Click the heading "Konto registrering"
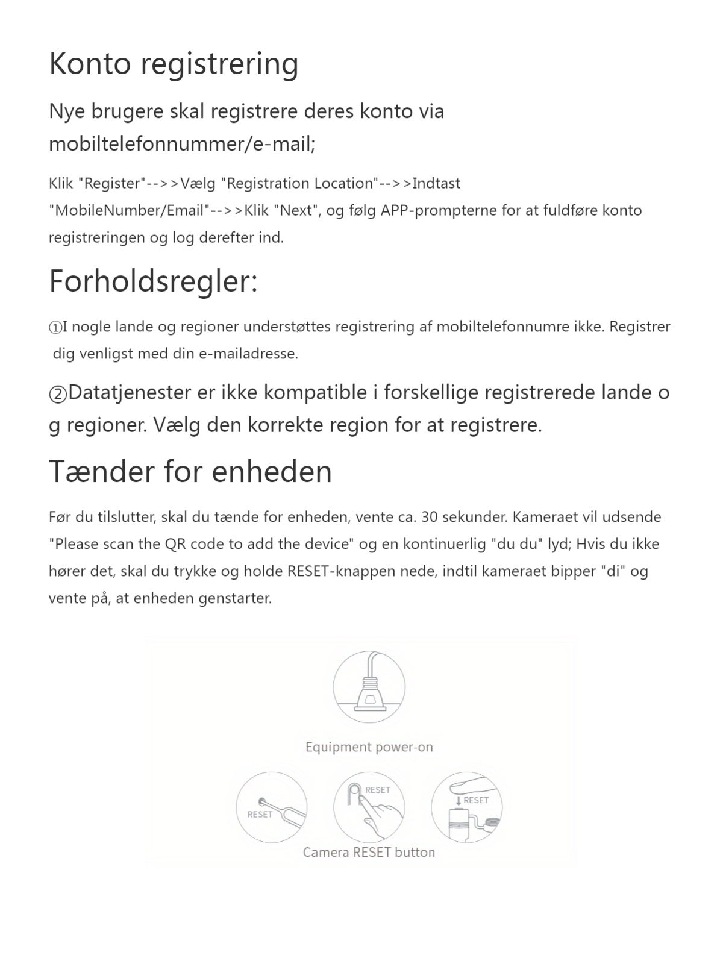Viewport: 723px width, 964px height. coord(174,64)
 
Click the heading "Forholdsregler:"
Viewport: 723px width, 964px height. coord(153,281)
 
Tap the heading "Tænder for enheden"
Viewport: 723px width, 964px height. coord(190,471)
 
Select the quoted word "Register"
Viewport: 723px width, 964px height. coord(112,183)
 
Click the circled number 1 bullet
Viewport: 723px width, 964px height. coord(55,328)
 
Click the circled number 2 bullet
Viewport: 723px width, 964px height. coord(58,394)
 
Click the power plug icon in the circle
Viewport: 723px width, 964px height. coord(369,687)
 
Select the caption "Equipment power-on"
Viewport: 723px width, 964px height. coord(369,747)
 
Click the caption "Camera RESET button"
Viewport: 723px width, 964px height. coord(369,852)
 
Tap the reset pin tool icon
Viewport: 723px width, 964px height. coord(272,807)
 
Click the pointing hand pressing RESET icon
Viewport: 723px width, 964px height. coord(369,807)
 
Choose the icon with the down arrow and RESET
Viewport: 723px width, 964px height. coord(467,807)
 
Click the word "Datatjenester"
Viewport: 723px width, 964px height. coord(130,393)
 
